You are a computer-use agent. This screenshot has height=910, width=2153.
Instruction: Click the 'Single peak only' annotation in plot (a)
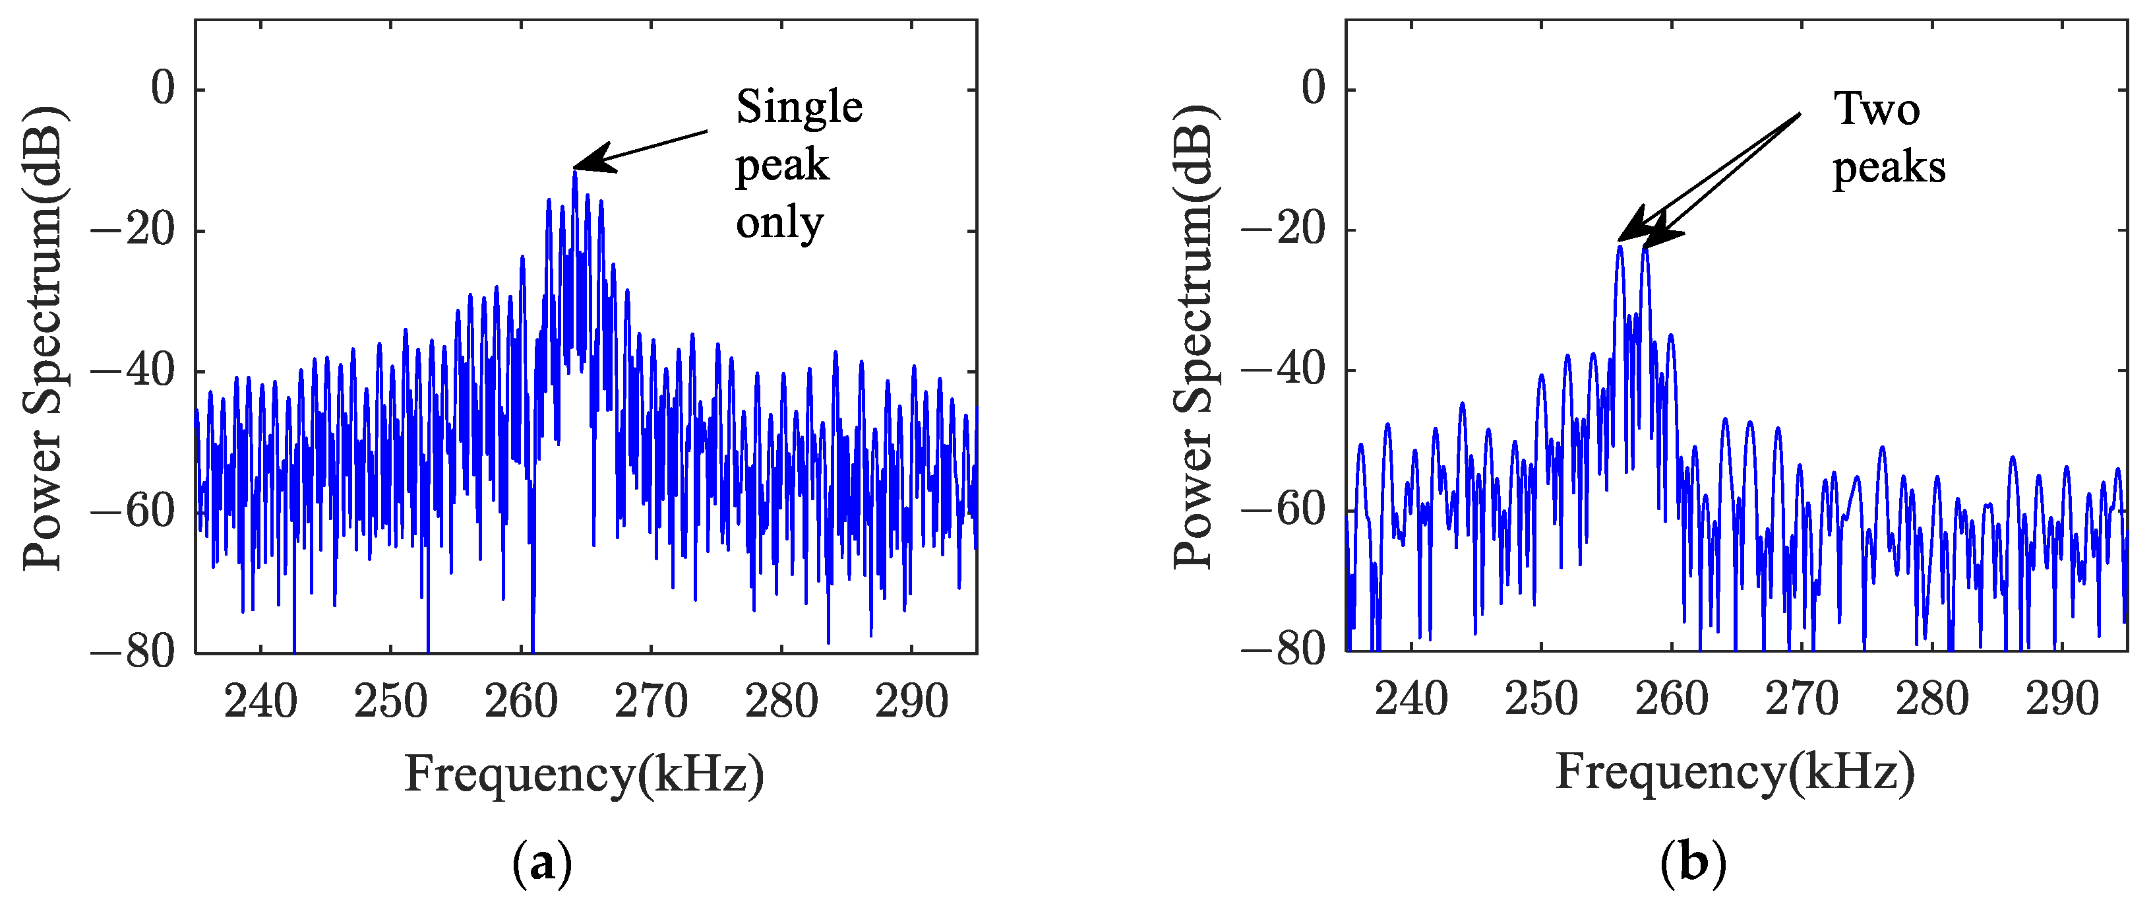click(798, 165)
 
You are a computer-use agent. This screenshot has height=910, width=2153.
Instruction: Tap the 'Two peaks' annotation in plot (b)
click(1888, 138)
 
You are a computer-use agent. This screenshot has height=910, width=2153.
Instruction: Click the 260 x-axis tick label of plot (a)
click(521, 701)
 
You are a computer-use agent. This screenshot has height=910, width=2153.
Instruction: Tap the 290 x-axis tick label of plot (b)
click(2062, 699)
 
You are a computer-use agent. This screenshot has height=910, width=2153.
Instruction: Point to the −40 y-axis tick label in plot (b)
click(1284, 369)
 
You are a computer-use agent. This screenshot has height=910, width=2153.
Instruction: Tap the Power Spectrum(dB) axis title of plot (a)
click(44, 338)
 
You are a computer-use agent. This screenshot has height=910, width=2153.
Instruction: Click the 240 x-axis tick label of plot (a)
click(260, 701)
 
